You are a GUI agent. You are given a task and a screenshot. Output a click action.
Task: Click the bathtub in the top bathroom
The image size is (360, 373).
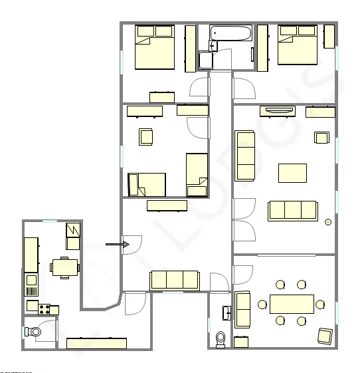230,33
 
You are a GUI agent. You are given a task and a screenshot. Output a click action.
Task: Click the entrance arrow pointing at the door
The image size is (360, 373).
117,245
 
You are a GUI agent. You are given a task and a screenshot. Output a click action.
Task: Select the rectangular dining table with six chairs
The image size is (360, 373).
292,305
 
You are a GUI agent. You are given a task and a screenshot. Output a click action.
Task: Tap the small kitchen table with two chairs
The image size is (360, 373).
64,267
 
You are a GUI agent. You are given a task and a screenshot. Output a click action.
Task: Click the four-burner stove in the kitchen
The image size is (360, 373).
45,309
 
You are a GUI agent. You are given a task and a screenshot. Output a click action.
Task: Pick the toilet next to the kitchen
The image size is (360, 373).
33,330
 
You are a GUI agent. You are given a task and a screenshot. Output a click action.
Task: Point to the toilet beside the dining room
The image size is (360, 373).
221,339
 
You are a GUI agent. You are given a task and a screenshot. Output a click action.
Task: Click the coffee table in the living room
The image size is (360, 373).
292,173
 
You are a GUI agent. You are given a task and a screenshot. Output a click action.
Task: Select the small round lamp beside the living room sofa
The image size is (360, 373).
327,222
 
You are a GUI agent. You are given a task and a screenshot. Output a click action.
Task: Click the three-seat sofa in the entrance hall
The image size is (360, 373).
175,280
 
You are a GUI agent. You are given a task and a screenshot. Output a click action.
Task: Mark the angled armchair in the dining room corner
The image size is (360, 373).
325,336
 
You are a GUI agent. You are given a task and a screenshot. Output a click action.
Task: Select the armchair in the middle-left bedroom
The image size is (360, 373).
147,136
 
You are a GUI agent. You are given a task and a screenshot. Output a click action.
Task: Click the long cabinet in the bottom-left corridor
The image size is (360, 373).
96,343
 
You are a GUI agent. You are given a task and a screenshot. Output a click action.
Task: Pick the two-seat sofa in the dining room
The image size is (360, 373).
242,309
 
